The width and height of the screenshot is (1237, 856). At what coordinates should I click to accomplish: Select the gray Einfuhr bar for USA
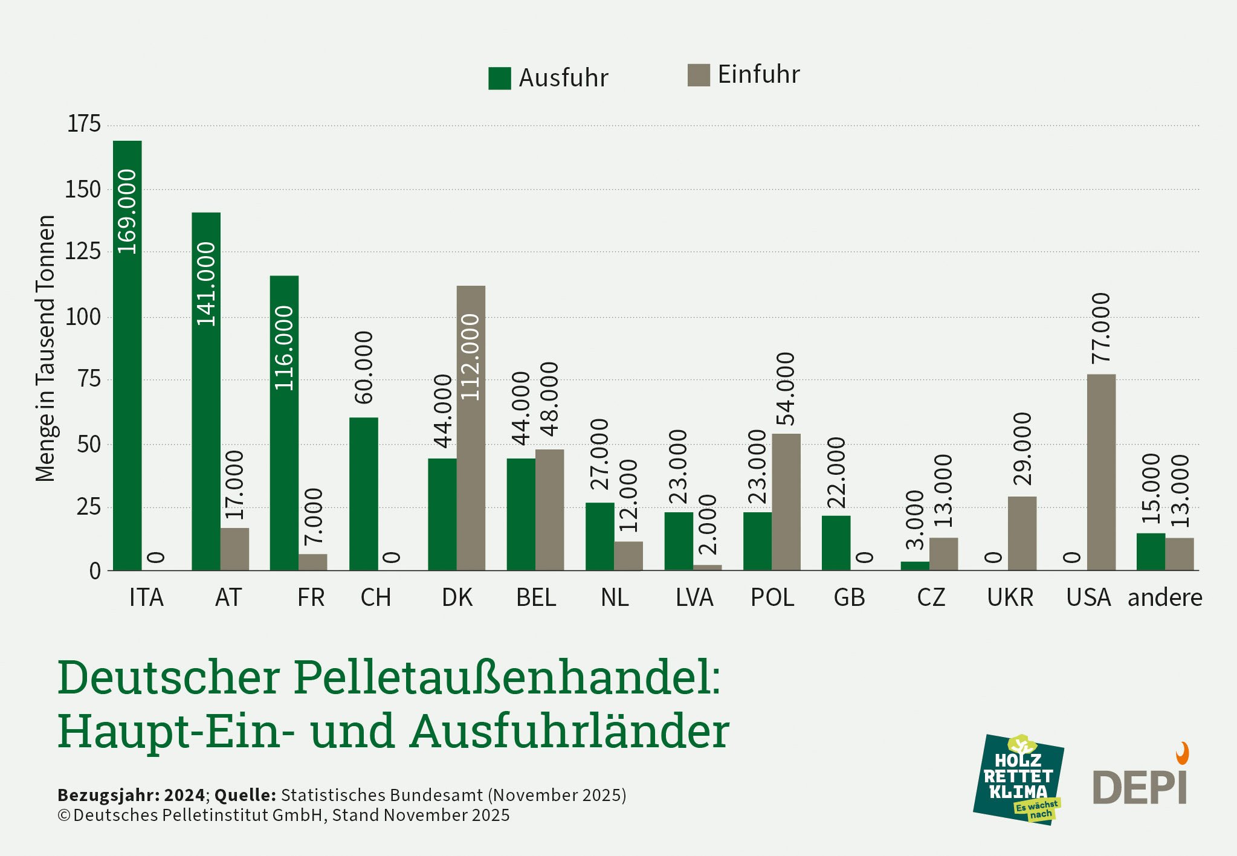[1101, 472]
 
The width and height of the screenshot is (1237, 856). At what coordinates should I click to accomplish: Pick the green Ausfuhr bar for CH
[364, 494]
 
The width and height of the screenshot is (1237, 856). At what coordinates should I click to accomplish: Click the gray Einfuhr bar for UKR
[1022, 533]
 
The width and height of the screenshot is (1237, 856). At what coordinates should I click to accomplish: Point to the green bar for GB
[836, 542]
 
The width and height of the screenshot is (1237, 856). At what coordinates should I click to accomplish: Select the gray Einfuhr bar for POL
[786, 501]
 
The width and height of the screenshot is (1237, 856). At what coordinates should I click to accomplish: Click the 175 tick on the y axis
[83, 124]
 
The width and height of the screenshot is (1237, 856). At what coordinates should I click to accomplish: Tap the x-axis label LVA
[694, 597]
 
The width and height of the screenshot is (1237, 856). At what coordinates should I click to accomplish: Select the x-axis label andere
[1164, 597]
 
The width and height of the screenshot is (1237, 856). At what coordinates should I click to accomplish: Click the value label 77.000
[1101, 328]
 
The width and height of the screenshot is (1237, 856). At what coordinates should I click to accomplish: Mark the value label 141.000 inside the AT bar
[206, 284]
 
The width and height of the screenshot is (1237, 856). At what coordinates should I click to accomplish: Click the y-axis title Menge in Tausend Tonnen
[45, 349]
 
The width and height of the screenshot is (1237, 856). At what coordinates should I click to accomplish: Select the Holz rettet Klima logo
[1018, 779]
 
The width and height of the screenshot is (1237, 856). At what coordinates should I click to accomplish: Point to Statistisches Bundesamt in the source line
[381, 795]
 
